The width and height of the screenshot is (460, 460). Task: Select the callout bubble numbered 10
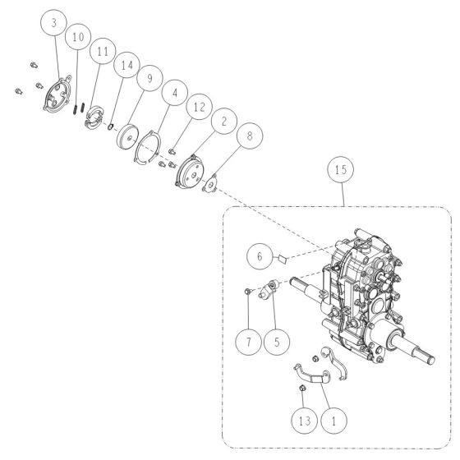(77, 38)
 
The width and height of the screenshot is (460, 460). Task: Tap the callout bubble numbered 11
(102, 52)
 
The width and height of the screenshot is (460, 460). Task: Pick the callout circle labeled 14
(126, 65)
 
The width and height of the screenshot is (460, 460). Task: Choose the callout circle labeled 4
(173, 93)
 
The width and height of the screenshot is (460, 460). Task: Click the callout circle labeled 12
(197, 106)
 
